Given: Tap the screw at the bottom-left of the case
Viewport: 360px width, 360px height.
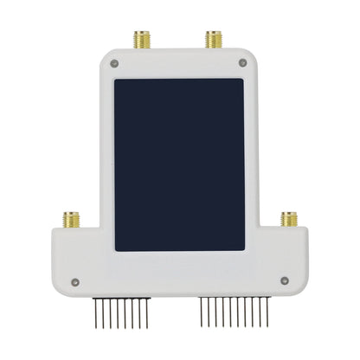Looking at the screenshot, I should point(75,281).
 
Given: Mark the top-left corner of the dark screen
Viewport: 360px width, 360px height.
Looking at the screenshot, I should point(115,80).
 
